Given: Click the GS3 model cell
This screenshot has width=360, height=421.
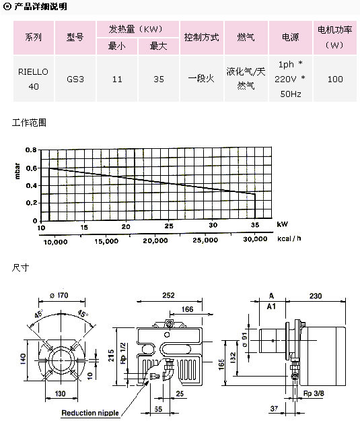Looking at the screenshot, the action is pyautogui.click(x=75, y=79).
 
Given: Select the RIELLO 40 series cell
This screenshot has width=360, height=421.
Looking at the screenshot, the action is pyautogui.click(x=33, y=79).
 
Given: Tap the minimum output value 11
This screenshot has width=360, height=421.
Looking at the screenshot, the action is pyautogui.click(x=117, y=79).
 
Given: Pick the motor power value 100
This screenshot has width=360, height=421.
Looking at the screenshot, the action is pyautogui.click(x=335, y=79).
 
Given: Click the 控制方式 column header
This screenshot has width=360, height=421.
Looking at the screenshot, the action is pyautogui.click(x=201, y=37).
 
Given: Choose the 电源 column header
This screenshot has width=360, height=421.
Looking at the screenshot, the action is pyautogui.click(x=290, y=37).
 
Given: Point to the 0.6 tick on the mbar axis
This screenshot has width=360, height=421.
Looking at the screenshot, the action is pyautogui.click(x=32, y=168).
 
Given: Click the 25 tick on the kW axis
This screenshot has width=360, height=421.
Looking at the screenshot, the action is pyautogui.click(x=169, y=226).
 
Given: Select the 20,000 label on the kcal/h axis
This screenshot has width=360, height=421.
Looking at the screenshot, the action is pyautogui.click(x=155, y=240).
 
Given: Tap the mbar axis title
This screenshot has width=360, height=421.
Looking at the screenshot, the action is pyautogui.click(x=17, y=171).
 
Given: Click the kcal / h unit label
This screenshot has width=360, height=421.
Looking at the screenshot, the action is pyautogui.click(x=289, y=238).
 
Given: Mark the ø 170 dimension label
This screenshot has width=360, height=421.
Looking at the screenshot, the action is pyautogui.click(x=59, y=295).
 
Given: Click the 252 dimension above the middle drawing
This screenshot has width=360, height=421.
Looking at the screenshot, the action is pyautogui.click(x=168, y=295).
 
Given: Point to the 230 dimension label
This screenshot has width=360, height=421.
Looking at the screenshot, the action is pyautogui.click(x=316, y=296).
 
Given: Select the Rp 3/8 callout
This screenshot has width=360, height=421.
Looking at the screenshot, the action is pyautogui.click(x=314, y=393).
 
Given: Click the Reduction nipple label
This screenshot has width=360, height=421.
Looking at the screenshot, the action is pyautogui.click(x=90, y=413).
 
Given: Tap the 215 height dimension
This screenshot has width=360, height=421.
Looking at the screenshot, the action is pyautogui.click(x=111, y=356).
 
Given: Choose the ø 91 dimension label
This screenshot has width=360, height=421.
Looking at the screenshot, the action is pyautogui.click(x=244, y=339).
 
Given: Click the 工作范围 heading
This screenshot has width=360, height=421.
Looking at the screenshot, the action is pyautogui.click(x=29, y=123).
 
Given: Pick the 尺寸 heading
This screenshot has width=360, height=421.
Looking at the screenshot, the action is pyautogui.click(x=20, y=267).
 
